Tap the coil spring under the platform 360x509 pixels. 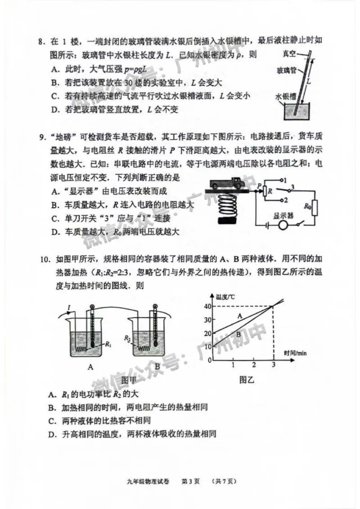(228, 205)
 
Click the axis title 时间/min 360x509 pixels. (295, 353)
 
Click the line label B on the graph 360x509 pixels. (239, 335)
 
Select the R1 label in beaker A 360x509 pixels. (108, 344)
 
